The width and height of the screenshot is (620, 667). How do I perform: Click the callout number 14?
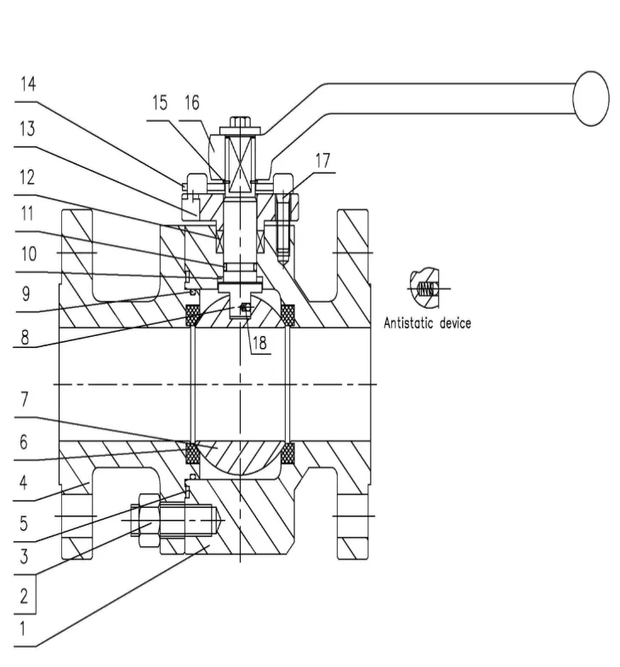pyautogui.click(x=29, y=83)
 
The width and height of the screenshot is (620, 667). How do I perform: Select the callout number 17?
pyautogui.click(x=323, y=161)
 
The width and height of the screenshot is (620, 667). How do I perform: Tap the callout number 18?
pyautogui.click(x=259, y=342)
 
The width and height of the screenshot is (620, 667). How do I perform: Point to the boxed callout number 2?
pyautogui.click(x=24, y=596)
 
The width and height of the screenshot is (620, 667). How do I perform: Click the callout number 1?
pyautogui.click(x=23, y=629)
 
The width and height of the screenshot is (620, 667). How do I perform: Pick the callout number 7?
pyautogui.click(x=24, y=399)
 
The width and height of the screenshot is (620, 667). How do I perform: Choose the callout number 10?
pyautogui.click(x=29, y=254)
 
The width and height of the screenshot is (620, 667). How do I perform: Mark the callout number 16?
pyautogui.click(x=192, y=103)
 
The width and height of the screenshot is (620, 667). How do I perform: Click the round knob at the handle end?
pyautogui.click(x=591, y=99)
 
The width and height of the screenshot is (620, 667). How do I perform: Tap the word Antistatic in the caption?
pyautogui.click(x=409, y=323)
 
